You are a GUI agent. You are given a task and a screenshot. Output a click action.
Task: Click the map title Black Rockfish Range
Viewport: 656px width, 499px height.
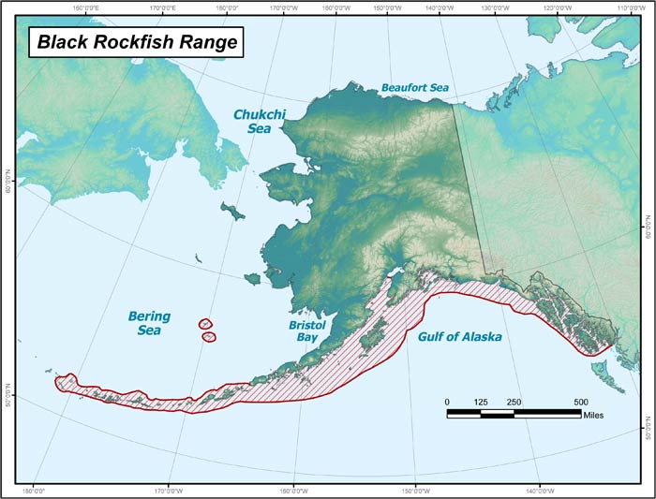137,42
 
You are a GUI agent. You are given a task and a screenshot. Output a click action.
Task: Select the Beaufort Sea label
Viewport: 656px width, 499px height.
415,88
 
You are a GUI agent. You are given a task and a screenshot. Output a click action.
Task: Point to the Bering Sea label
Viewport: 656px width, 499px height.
150,323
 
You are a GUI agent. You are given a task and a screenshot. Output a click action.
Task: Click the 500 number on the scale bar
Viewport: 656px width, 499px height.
579,402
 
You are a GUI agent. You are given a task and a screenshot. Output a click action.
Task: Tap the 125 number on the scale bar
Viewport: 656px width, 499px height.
481,402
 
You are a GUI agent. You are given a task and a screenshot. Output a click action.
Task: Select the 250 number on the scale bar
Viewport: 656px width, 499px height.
514,402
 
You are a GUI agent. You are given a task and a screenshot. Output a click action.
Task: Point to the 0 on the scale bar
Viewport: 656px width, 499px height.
447,402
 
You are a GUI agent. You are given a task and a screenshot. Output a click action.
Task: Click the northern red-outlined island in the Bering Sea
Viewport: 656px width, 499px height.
205,324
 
